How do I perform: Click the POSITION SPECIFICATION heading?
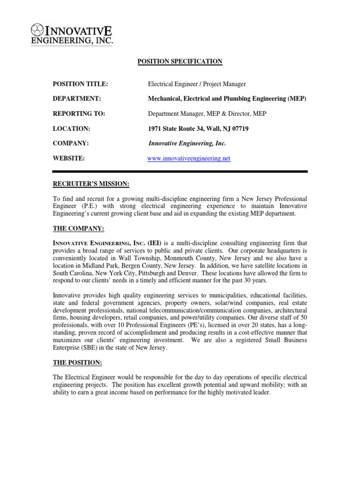point(180,61)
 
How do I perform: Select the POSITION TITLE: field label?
point(80,84)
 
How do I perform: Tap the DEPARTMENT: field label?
point(77,98)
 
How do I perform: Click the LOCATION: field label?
point(71,128)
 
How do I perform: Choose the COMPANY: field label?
point(71,143)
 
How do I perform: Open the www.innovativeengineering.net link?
point(189,158)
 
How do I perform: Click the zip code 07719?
point(239,128)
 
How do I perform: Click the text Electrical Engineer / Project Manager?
point(197,84)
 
